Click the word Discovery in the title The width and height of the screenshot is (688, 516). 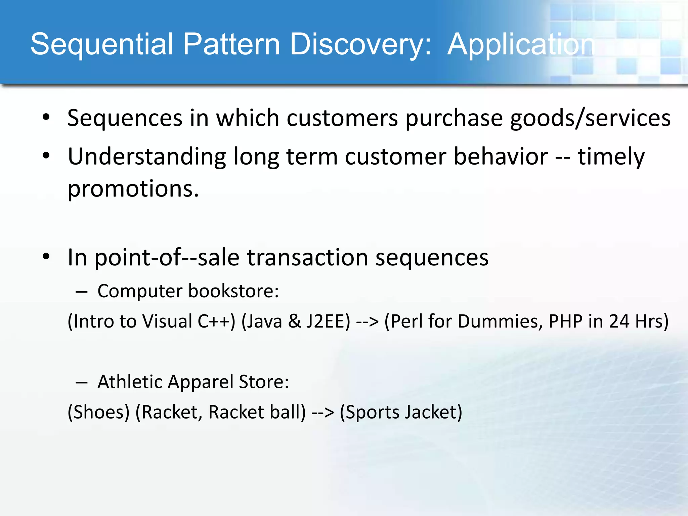click(x=360, y=44)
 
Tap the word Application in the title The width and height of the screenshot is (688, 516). click(x=521, y=44)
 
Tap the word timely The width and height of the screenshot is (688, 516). click(x=611, y=157)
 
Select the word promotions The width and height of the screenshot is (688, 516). click(x=133, y=189)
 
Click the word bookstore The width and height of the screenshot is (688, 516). click(x=233, y=291)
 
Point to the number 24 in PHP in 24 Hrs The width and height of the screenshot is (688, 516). click(x=619, y=321)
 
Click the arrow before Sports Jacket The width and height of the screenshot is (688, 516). click(x=323, y=413)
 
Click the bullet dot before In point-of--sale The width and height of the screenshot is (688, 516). click(x=46, y=257)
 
